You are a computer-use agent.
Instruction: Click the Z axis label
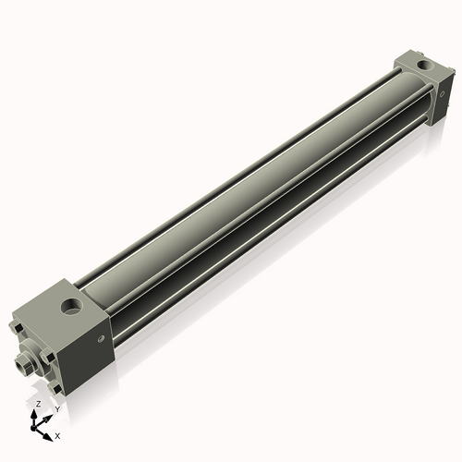[x=38, y=405]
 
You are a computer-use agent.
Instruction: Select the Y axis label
[x=56, y=408]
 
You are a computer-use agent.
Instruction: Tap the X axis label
[x=57, y=434]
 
